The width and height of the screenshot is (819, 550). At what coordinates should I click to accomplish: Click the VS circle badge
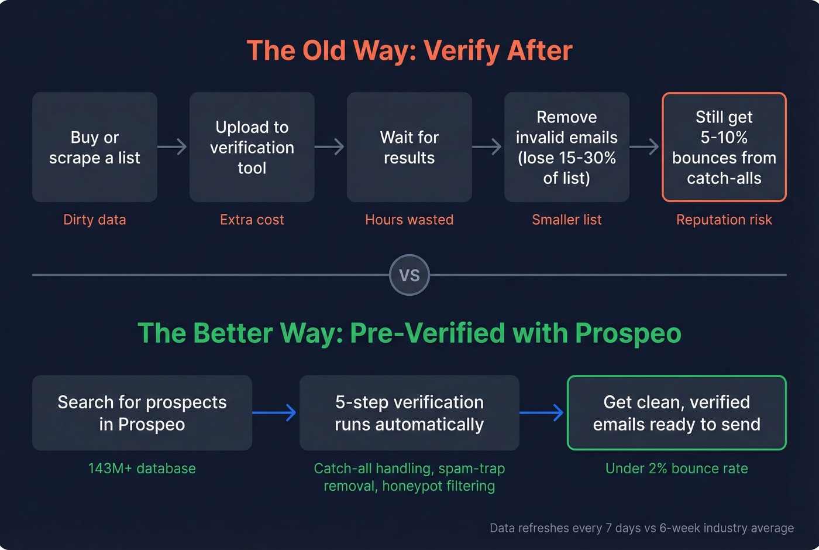click(x=409, y=275)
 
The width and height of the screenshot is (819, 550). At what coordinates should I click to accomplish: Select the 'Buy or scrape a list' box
click(x=95, y=147)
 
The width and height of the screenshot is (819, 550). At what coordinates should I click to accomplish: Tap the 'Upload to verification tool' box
click(x=252, y=147)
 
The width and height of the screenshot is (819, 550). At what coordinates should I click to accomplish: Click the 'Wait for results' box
click(x=409, y=147)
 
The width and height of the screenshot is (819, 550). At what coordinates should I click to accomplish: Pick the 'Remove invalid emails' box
click(x=567, y=147)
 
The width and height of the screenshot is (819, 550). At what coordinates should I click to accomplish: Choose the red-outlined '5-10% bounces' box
click(x=724, y=147)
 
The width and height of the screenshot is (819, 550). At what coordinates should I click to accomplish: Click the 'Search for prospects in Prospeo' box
click(x=142, y=413)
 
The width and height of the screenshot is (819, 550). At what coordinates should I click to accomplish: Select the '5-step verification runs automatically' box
click(x=409, y=413)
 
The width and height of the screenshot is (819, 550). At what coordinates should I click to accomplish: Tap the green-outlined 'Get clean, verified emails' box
click(x=677, y=413)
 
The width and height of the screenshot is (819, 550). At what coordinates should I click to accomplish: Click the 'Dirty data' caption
click(x=95, y=220)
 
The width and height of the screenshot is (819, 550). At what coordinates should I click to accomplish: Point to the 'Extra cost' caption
click(x=252, y=220)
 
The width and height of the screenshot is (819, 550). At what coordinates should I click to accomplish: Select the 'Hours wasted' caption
click(x=409, y=220)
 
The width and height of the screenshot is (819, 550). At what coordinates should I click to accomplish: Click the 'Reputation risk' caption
click(x=724, y=220)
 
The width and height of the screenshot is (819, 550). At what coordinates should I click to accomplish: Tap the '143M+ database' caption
click(x=142, y=469)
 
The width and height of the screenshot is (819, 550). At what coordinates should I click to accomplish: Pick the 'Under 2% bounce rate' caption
click(x=677, y=469)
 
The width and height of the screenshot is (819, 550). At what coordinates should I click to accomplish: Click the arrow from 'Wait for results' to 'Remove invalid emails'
click(x=488, y=146)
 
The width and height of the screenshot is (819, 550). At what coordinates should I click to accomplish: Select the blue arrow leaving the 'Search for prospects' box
click(x=275, y=413)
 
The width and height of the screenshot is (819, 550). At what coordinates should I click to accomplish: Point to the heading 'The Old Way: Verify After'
click(x=409, y=50)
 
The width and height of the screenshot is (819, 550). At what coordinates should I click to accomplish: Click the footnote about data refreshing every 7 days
click(x=642, y=528)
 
